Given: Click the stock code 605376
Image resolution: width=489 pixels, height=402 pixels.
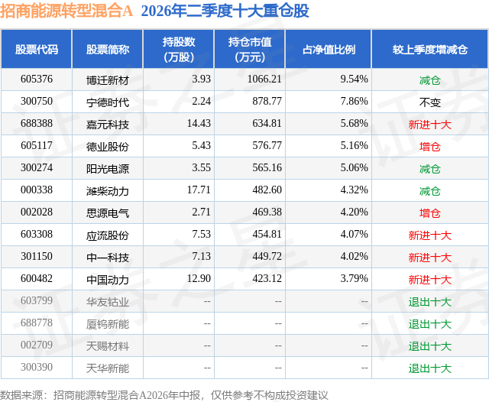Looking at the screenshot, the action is [x=37, y=79].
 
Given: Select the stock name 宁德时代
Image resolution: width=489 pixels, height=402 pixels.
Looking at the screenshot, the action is [x=108, y=102].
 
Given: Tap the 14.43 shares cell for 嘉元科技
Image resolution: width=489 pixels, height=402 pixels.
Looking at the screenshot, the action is [x=199, y=124].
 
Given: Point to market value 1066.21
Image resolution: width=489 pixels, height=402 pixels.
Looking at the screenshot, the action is [x=264, y=79].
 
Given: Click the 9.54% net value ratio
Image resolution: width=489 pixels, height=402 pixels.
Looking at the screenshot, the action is [x=354, y=79].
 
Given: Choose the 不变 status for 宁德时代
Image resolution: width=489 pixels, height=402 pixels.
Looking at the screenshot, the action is [x=429, y=102].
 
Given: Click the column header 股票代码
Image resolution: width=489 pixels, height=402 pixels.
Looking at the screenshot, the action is [x=37, y=50].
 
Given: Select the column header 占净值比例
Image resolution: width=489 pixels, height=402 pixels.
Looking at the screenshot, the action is [x=329, y=50].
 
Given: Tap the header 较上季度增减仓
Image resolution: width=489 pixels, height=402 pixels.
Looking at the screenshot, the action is [x=430, y=50].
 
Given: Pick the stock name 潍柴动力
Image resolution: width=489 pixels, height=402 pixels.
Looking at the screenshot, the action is [x=108, y=190].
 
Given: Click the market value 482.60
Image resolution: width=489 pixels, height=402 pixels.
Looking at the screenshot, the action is [x=267, y=190].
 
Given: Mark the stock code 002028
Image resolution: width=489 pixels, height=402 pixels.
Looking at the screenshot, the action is [x=37, y=212].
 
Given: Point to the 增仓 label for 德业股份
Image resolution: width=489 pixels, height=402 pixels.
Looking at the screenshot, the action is [x=429, y=146].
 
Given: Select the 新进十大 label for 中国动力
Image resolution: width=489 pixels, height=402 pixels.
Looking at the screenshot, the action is [x=430, y=280].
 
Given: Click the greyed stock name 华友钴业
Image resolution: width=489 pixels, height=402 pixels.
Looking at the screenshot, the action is [x=108, y=302].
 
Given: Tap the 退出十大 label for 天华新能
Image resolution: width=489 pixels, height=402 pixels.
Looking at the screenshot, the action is [x=430, y=368].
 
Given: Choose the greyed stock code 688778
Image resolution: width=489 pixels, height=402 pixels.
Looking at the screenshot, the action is [x=37, y=323].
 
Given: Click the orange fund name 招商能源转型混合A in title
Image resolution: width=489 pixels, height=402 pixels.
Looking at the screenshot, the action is [x=66, y=11].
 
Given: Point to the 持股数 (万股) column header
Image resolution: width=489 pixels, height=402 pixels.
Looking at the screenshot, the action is [x=179, y=50].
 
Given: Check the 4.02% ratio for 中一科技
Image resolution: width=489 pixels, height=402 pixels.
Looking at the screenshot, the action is [x=354, y=256].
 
